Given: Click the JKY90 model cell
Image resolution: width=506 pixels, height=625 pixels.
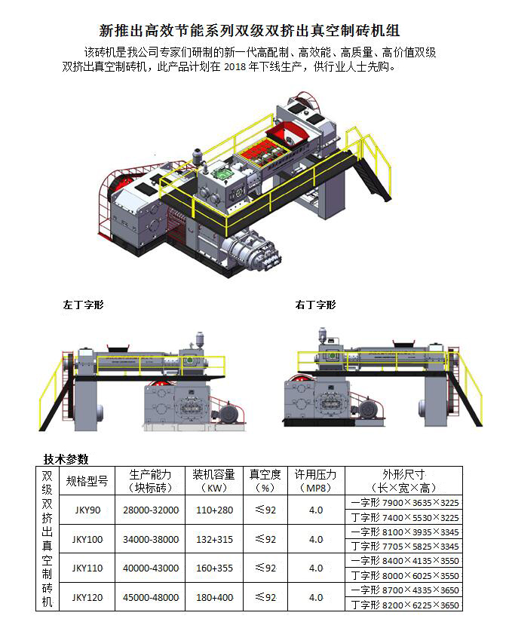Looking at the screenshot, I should pos(87,510).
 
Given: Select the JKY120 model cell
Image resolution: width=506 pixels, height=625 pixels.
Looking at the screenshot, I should pos(87,597).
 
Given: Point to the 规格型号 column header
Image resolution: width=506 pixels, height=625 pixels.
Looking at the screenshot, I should pos(87,480).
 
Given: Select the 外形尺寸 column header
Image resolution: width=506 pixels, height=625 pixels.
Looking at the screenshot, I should pos(403,475).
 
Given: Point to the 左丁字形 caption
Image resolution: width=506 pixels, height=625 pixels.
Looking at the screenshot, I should pos(84,305).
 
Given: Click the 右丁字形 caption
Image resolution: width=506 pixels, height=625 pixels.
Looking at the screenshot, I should pos(315,305).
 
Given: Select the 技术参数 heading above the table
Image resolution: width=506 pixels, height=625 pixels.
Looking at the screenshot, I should pos(66,458).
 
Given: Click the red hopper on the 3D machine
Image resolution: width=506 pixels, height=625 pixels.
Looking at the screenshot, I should pos(287,136).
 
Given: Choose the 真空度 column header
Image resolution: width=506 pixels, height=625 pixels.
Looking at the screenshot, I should pos(265,475).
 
